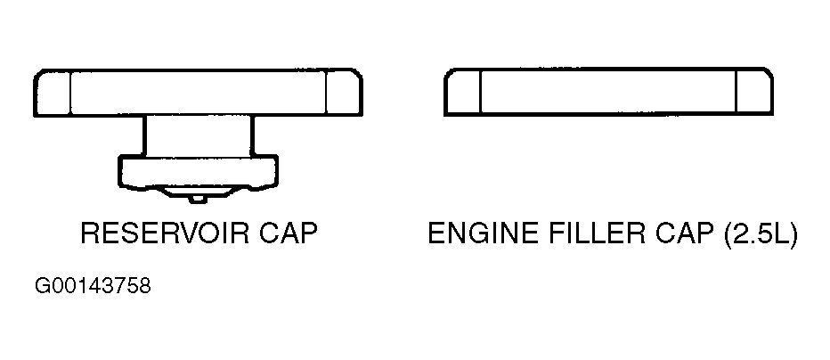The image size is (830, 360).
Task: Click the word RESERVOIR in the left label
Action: (x=165, y=233)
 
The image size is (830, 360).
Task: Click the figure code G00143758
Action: (x=93, y=286)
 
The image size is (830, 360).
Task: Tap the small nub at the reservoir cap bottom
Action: (x=198, y=199)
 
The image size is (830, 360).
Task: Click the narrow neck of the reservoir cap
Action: (x=198, y=135)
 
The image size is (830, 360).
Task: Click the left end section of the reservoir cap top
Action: (x=52, y=93)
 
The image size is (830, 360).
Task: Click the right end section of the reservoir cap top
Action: (x=344, y=93)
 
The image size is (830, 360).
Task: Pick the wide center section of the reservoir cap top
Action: (x=198, y=93)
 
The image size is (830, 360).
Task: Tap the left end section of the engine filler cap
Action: (x=462, y=92)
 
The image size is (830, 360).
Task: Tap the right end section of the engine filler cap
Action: (x=755, y=92)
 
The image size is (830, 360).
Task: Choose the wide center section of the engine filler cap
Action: (x=608, y=92)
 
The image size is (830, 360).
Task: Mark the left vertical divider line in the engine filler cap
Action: (x=480, y=92)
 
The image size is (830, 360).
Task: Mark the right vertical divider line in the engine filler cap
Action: (x=736, y=92)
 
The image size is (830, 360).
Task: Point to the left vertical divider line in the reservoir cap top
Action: (x=70, y=93)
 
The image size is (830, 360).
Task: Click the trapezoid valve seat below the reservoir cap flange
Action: (x=198, y=192)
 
